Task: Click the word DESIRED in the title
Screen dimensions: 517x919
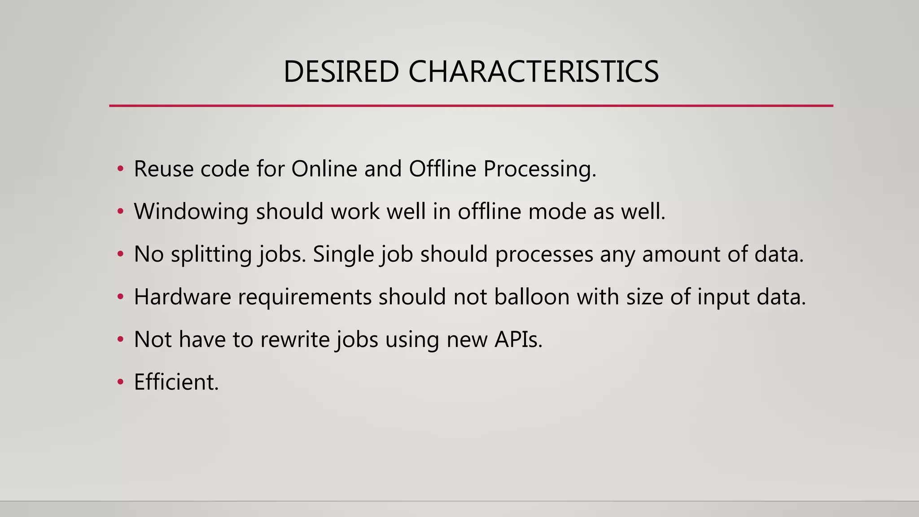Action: click(341, 72)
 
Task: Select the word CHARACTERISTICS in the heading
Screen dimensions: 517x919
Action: click(534, 72)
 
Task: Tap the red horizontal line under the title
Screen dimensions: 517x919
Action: click(471, 106)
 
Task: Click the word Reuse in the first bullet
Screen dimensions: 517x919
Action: click(163, 169)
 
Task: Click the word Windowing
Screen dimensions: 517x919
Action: click(191, 212)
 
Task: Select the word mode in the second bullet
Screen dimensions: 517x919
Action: click(557, 212)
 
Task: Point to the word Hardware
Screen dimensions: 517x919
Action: click(182, 297)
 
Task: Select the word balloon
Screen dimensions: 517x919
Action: click(532, 297)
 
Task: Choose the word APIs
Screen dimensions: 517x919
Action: click(518, 340)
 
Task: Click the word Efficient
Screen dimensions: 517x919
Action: click(176, 382)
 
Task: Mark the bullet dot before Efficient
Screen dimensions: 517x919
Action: click(120, 382)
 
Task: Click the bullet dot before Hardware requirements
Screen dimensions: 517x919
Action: click(120, 297)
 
